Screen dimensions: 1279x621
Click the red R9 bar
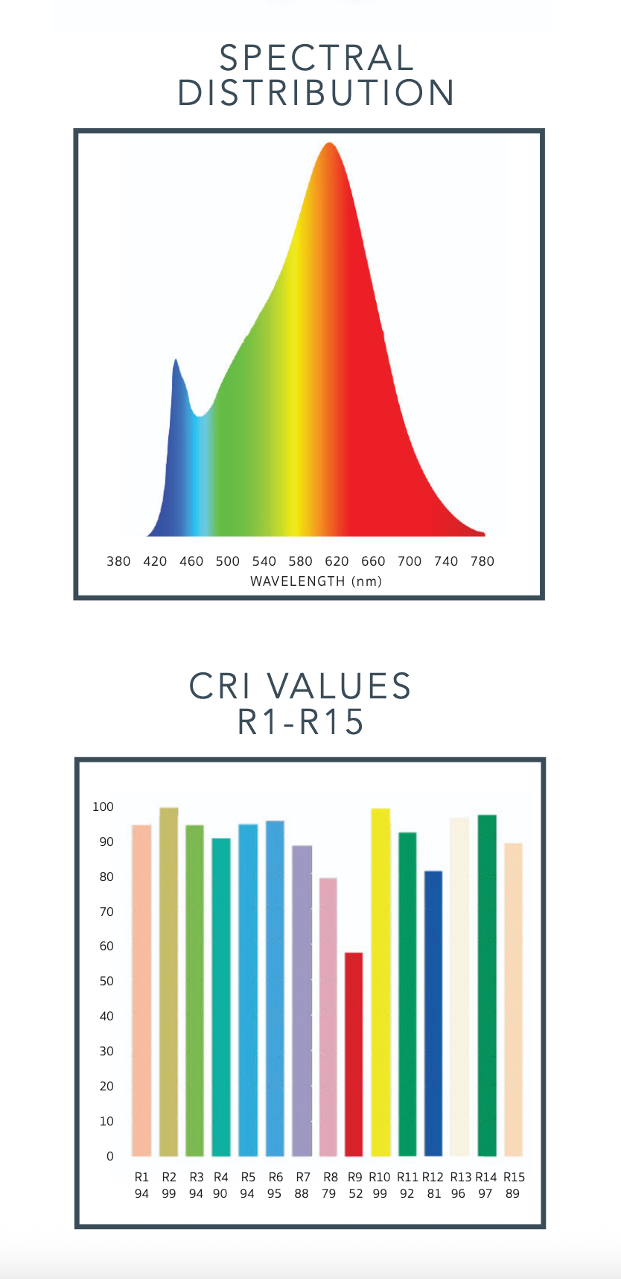(354, 1054)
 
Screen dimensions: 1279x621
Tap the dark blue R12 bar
(433, 1014)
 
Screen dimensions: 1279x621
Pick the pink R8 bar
(328, 1017)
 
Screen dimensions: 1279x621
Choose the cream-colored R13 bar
(459, 987)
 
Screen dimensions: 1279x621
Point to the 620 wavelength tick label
(337, 561)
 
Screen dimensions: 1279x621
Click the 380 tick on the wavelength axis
(118, 561)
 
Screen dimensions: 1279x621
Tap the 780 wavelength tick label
(482, 561)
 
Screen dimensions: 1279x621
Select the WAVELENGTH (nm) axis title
(316, 581)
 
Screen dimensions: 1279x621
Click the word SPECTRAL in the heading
(316, 58)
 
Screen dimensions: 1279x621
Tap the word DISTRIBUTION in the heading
(316, 93)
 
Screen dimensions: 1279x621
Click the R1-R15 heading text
(300, 721)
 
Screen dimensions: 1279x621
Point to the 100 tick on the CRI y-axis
(103, 806)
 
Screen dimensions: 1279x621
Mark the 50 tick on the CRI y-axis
(106, 981)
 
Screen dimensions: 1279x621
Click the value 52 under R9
(355, 1193)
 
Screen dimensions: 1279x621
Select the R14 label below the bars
(485, 1177)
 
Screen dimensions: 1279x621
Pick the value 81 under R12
(433, 1193)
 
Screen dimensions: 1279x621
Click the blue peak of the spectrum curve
(176, 362)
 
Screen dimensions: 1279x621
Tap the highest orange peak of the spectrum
(329, 145)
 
